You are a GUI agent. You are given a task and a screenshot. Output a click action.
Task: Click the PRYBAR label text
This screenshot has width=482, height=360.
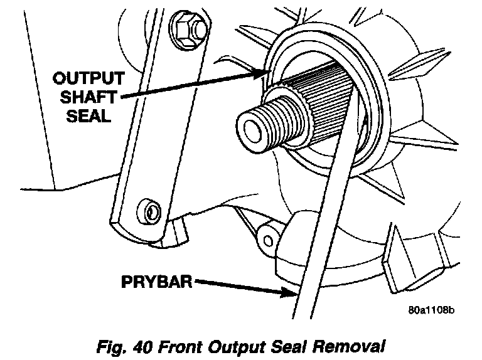[x=157, y=282]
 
